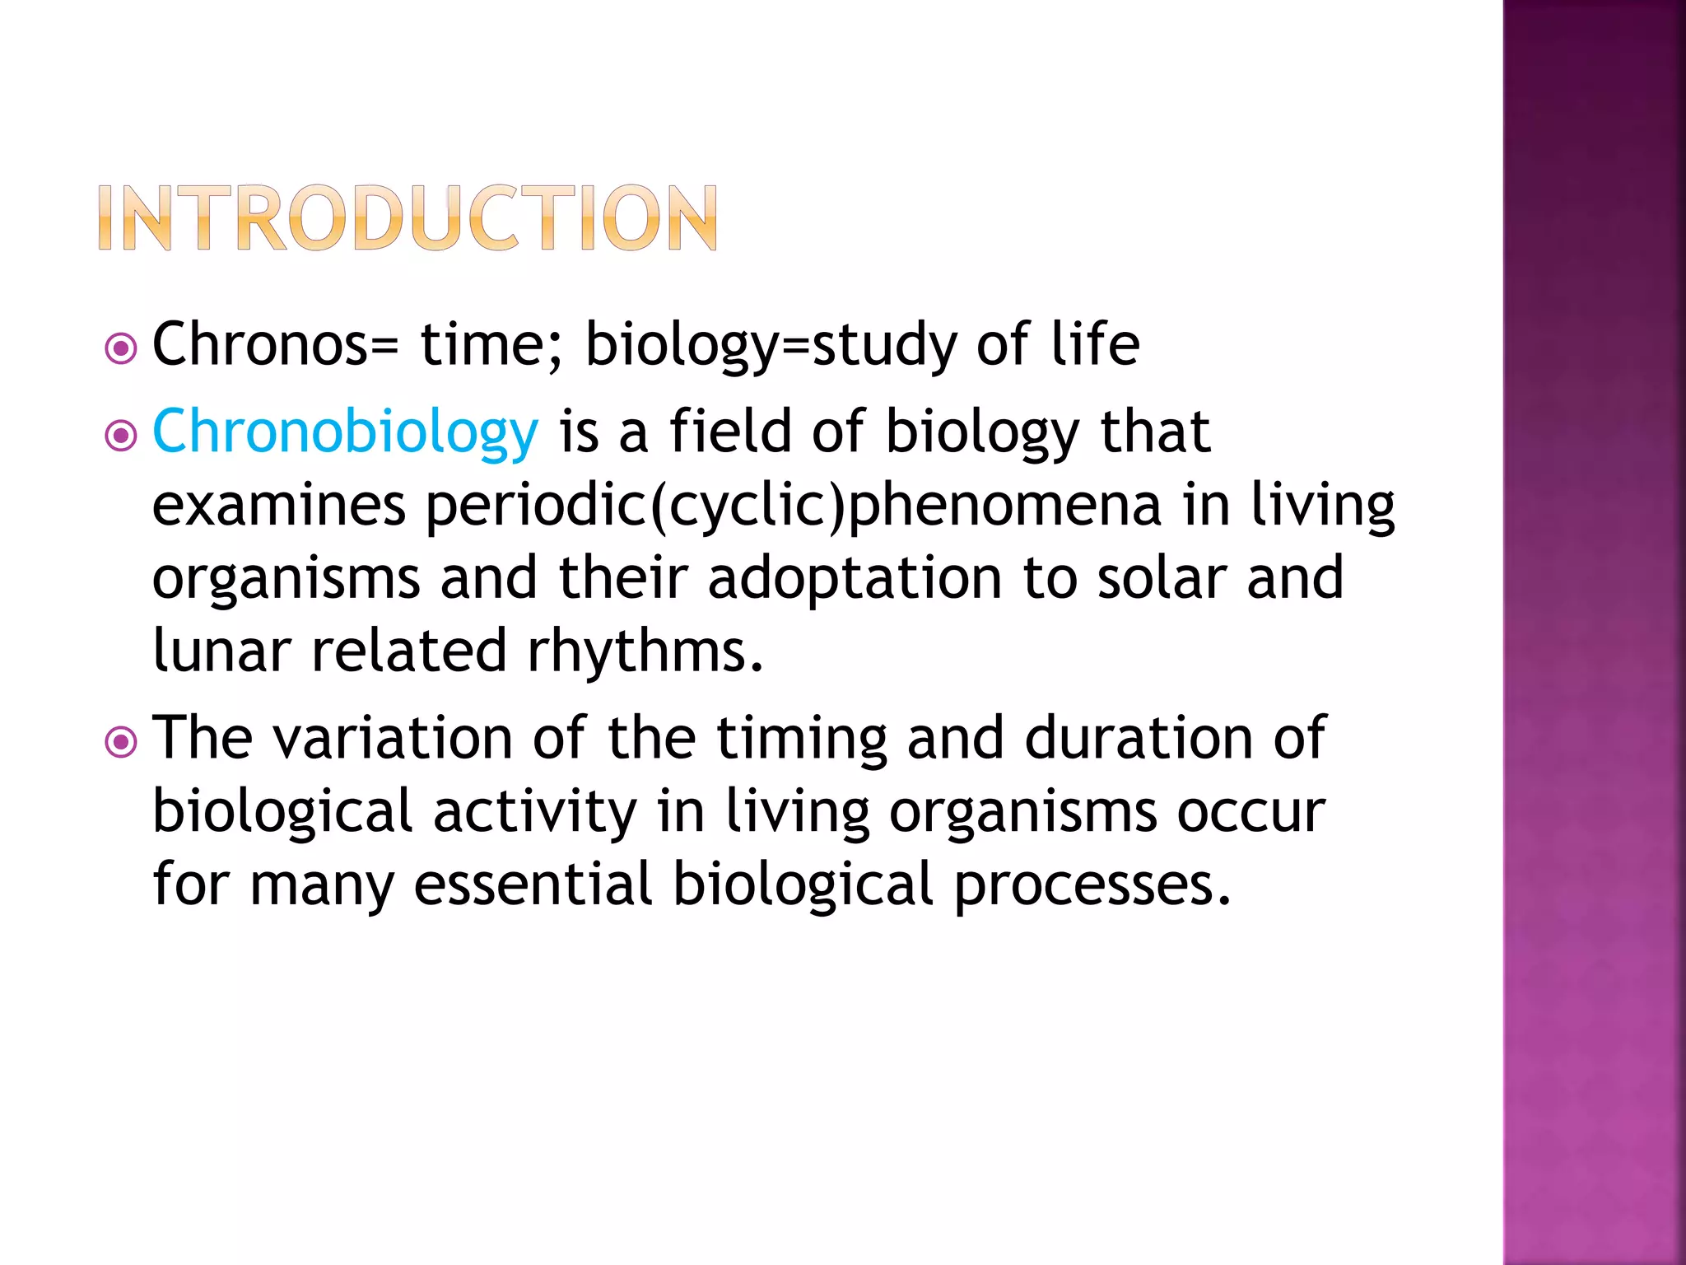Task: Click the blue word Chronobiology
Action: coord(345,432)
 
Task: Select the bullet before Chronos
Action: coord(121,349)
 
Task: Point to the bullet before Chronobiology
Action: coord(121,436)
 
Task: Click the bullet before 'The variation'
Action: coord(121,743)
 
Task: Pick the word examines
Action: coord(278,506)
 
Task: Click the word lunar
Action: coord(221,651)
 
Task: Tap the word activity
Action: coord(534,812)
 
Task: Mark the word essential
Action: coord(533,884)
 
